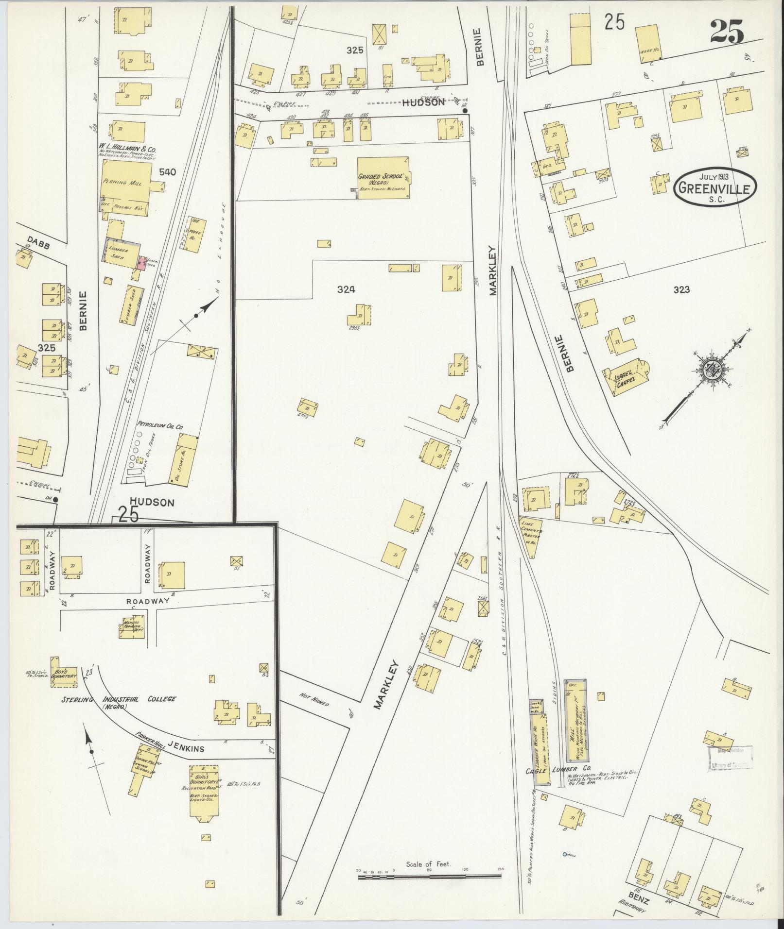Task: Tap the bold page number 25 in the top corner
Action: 727,33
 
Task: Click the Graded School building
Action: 383,178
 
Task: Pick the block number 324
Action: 346,289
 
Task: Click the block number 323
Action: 681,290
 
